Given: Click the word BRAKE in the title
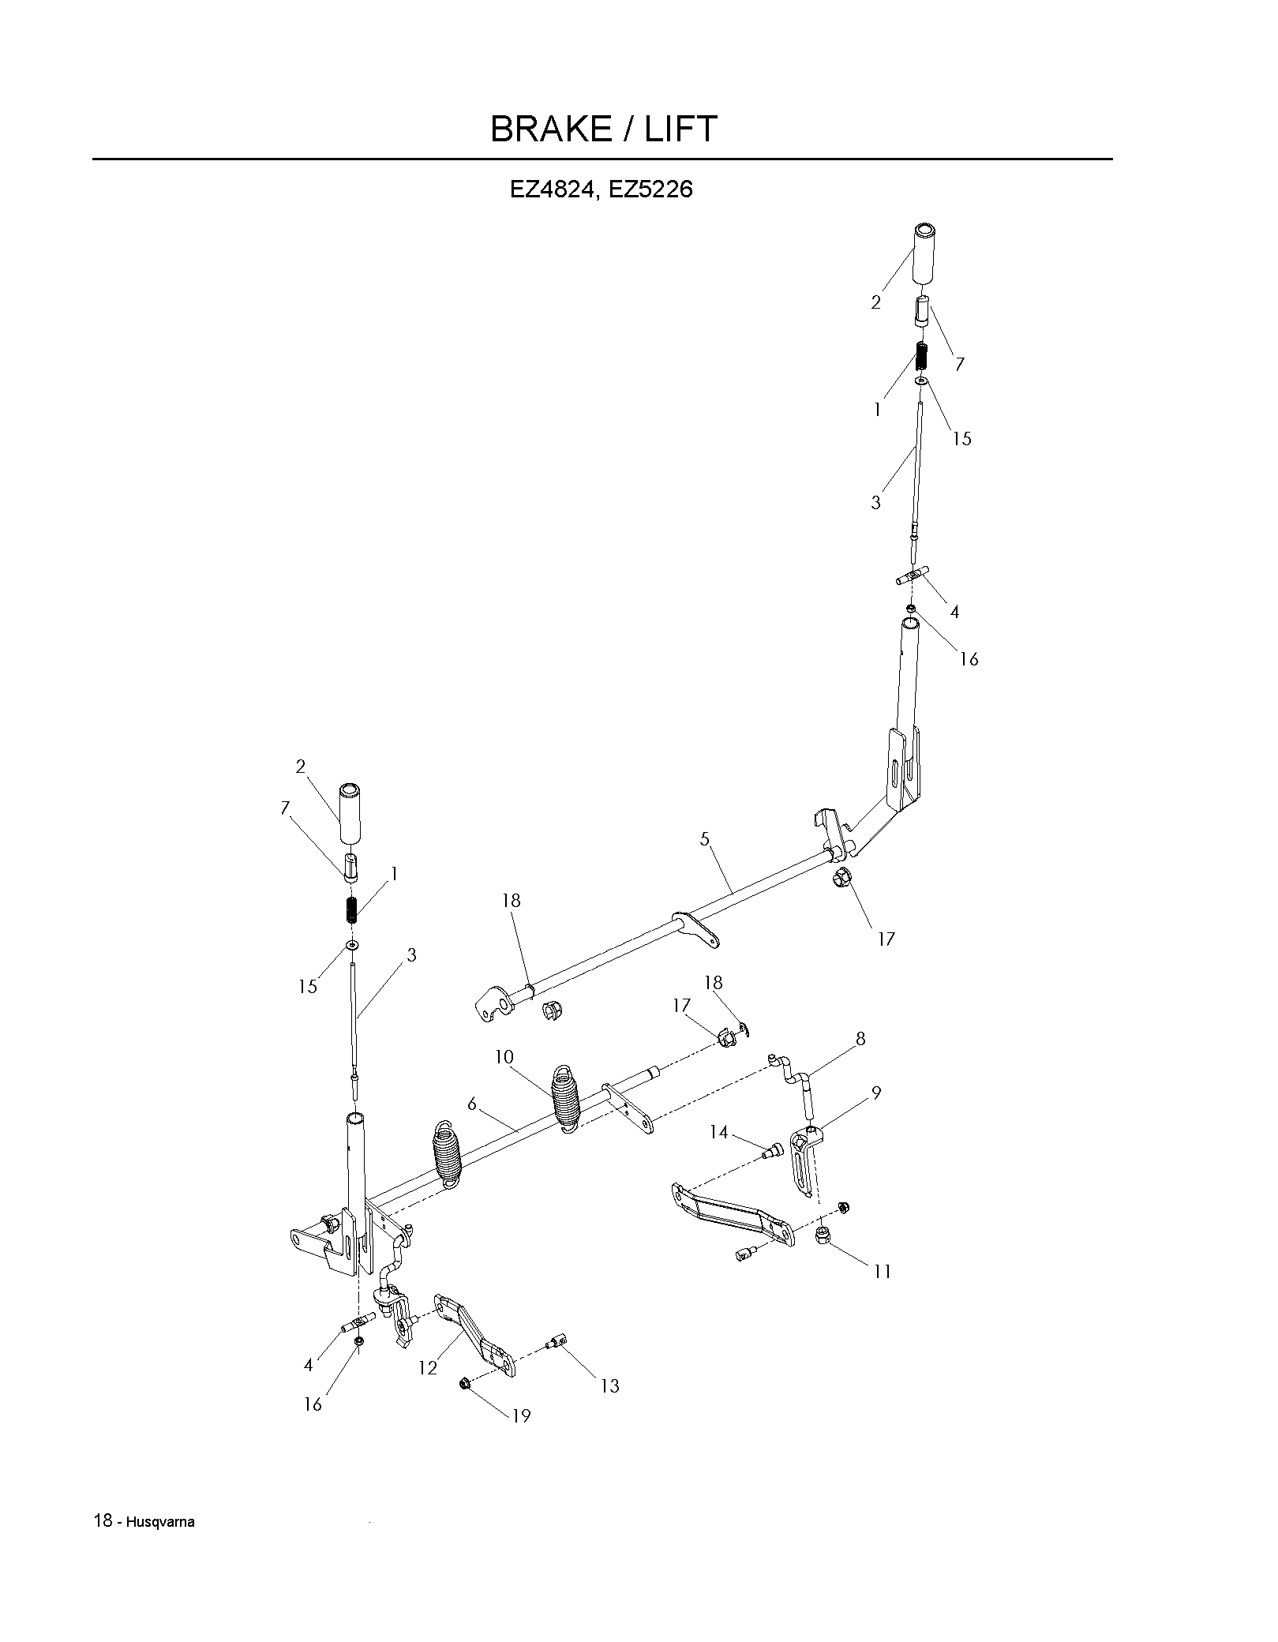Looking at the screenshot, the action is pos(550,129).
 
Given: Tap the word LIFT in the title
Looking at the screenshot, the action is pos(681,129).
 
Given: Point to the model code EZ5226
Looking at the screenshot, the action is pos(651,190).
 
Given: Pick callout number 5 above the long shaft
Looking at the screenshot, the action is pos(705,839).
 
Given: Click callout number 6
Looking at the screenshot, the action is pos(472,1104).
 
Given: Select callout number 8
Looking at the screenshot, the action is pos(860,1039).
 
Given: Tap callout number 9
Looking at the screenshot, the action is pos(876,1093).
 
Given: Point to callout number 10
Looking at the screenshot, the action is pos(504,1057).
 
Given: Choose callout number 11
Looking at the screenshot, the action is pos(882,1272).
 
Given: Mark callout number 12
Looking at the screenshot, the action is pos(428,1368).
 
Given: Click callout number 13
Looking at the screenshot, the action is pos(609,1385).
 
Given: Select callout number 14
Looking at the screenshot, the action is pos(718,1133).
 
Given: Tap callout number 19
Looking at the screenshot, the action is pos(521,1415).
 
